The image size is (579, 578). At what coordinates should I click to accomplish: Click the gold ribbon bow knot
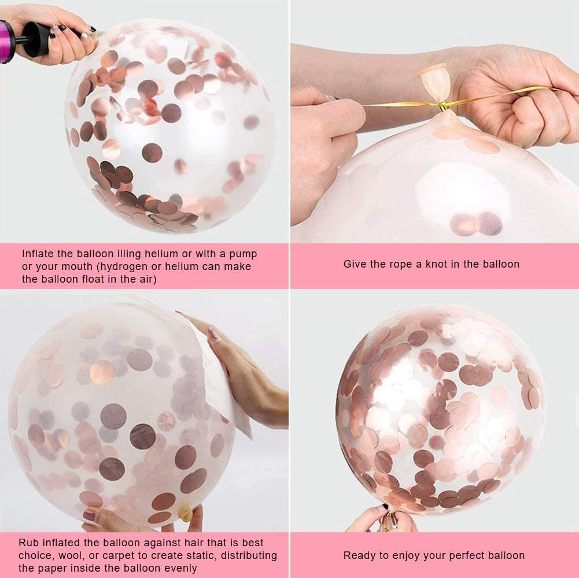443,107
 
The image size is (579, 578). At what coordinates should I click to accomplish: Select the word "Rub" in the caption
29,543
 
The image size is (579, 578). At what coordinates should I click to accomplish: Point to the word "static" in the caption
201,556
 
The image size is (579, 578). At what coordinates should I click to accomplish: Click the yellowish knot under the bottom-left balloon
185,513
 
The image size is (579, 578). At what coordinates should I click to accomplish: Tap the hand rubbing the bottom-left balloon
240,373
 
